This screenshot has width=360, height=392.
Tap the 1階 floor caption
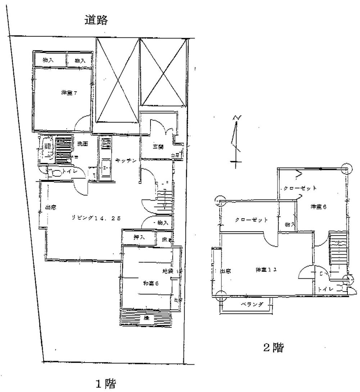[x=105, y=384]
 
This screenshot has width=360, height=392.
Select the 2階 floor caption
[x=273, y=348]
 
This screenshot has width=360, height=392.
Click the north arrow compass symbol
[x=236, y=140]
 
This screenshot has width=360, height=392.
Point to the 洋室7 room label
[x=69, y=93]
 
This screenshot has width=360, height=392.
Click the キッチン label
[x=126, y=161]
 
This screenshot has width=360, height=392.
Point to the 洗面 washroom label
[x=83, y=144]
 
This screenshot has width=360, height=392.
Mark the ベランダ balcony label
[x=252, y=304]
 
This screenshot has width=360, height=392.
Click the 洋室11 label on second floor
[x=266, y=269]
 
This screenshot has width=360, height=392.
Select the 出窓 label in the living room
[x=50, y=208]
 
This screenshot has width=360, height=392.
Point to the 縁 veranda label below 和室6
[x=146, y=318]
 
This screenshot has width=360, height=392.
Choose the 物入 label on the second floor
[x=290, y=225]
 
